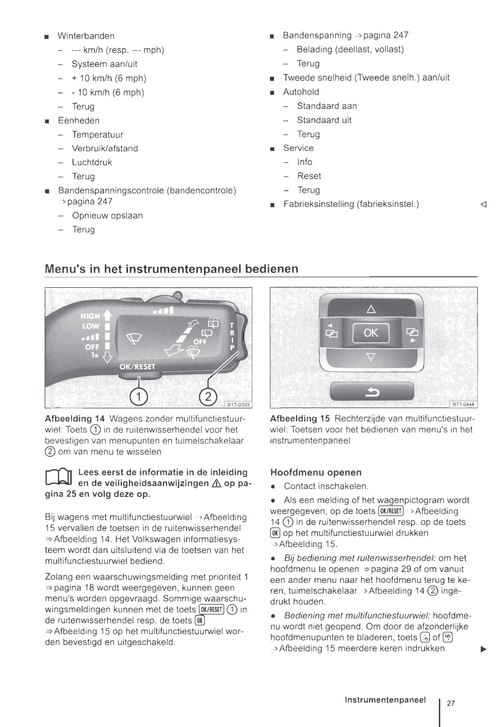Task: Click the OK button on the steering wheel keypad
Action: pos(371,333)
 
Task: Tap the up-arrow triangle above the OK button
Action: pos(371,309)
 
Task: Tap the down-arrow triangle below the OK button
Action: pos(371,356)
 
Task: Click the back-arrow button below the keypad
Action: pos(372,391)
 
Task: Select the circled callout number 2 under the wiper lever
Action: pos(208,397)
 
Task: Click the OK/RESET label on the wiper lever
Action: pos(137,367)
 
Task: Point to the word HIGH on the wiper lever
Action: pos(90,316)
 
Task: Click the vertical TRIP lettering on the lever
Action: pos(232,336)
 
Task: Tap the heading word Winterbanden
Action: pos(86,36)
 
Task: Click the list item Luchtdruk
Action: pos(92,163)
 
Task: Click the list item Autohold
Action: pos(301,92)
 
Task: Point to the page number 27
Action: pos(451,703)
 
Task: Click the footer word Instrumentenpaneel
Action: pos(385,700)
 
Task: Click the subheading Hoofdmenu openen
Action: pos(316,473)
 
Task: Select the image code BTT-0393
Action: pos(238,404)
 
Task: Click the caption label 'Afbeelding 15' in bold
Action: pos(299,418)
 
